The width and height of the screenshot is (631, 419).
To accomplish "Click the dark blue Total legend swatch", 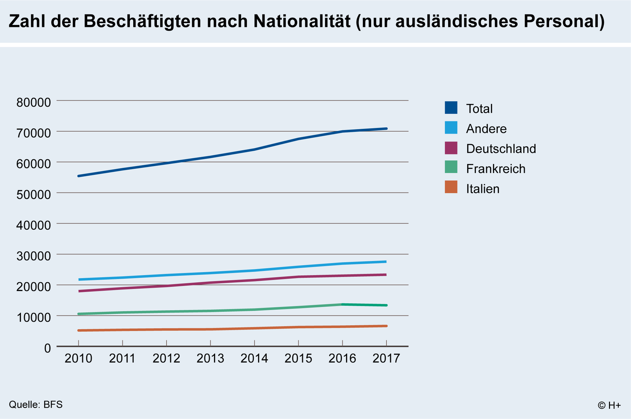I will point(451,108).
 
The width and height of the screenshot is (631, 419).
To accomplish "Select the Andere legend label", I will point(486,129).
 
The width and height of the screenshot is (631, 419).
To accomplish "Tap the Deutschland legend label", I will point(501,149).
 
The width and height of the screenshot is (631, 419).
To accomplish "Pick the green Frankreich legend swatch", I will point(451,167).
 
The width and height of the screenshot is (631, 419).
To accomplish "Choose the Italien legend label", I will point(482,189).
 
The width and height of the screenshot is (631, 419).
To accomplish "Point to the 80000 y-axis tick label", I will point(34,103).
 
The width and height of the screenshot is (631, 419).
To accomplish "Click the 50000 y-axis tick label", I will point(34,194).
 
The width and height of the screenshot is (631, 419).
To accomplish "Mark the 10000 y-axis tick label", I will point(34,317).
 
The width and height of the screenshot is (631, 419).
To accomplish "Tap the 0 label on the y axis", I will point(47,348).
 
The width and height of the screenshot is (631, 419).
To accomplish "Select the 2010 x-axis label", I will point(78,359).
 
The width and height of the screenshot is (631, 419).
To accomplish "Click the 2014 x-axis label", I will point(254,359).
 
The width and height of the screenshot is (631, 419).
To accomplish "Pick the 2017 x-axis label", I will point(386,359).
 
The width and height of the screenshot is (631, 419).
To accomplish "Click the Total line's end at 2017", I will point(386,128).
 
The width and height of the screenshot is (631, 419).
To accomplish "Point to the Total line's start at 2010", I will point(78,176).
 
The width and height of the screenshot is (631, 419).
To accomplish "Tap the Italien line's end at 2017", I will point(386,326).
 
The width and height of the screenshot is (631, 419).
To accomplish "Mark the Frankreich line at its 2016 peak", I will point(342,304).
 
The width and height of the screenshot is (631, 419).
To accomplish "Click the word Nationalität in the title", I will point(302,21).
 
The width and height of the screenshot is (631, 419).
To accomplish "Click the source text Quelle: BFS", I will point(35,405).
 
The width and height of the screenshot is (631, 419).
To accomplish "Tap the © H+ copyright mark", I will point(609,405).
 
